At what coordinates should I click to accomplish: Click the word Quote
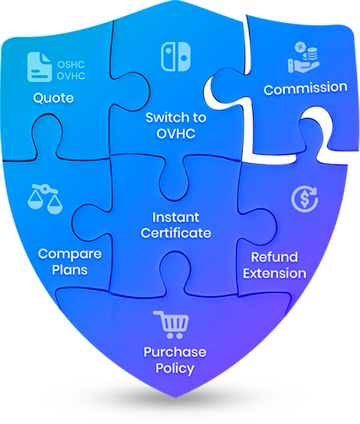point(54,98)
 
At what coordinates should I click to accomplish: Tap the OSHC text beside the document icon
point(71,64)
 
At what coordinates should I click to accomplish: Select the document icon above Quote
point(40,67)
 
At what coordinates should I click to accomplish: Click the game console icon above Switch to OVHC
point(175,57)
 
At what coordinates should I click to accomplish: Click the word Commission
point(306,88)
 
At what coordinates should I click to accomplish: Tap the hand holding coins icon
point(303,57)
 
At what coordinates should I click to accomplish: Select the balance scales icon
point(45,198)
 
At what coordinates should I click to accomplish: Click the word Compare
point(70,254)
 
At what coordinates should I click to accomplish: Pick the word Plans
point(70,270)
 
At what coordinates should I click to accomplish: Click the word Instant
point(175,217)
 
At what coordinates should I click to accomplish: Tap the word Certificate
point(176,233)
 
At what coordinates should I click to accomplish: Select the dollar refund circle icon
point(305,199)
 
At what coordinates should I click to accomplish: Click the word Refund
point(274,257)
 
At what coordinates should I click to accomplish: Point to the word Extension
point(274,273)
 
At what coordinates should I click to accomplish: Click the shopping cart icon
point(172,325)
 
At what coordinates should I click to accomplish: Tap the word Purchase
point(175,352)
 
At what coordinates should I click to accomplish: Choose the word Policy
point(175,369)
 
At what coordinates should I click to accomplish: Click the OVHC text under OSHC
point(71,76)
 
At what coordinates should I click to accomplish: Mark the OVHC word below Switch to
point(176,134)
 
